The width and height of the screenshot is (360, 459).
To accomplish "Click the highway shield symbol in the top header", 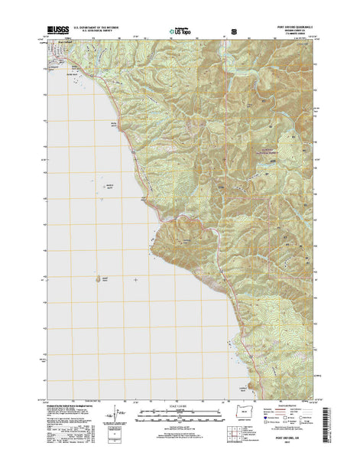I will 232,34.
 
